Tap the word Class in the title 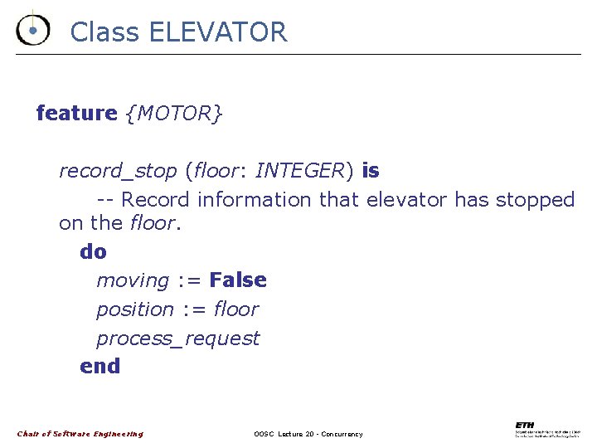(x=105, y=32)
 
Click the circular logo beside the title (x=32, y=30)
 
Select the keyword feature (x=77, y=113)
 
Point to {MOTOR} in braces (x=173, y=113)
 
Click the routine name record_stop (x=118, y=171)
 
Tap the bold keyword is (x=371, y=171)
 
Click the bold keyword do (x=94, y=251)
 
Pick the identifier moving (x=133, y=280)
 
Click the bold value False (x=238, y=280)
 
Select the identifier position (x=135, y=309)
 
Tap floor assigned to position (x=236, y=309)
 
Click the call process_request (x=177, y=338)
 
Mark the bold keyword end (x=100, y=366)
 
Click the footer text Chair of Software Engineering (x=80, y=434)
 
